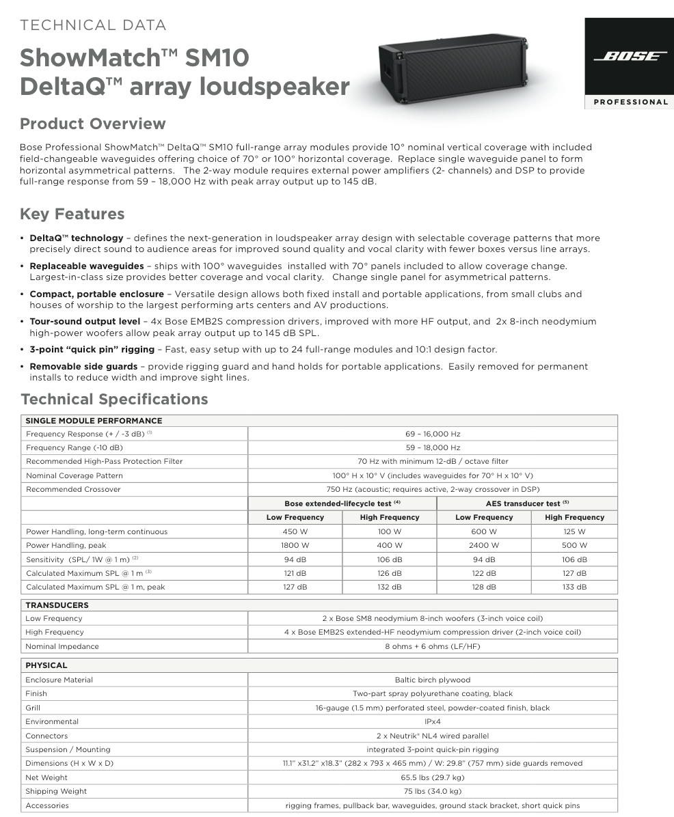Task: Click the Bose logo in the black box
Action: pyautogui.click(x=630, y=57)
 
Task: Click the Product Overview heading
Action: pyautogui.click(x=92, y=124)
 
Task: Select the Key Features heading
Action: pyautogui.click(x=72, y=214)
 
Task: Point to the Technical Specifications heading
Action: pyautogui.click(x=114, y=399)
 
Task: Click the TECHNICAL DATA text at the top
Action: pyautogui.click(x=93, y=25)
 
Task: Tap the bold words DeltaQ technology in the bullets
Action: pyautogui.click(x=76, y=238)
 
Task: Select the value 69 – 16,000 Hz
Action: pyautogui.click(x=433, y=434)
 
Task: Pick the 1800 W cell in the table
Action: pyautogui.click(x=295, y=545)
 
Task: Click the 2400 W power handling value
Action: pyautogui.click(x=484, y=545)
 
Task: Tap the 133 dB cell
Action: pyautogui.click(x=574, y=587)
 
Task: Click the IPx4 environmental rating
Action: pyautogui.click(x=433, y=721)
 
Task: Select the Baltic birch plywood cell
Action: pyautogui.click(x=433, y=680)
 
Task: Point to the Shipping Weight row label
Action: pyautogui.click(x=56, y=791)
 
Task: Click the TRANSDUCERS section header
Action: pyautogui.click(x=57, y=605)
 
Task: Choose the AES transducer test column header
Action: pyautogui.click(x=526, y=503)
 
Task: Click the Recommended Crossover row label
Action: pyautogui.click(x=73, y=489)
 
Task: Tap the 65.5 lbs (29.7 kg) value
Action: pyautogui.click(x=433, y=777)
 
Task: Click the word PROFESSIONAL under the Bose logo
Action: pyautogui.click(x=630, y=102)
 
